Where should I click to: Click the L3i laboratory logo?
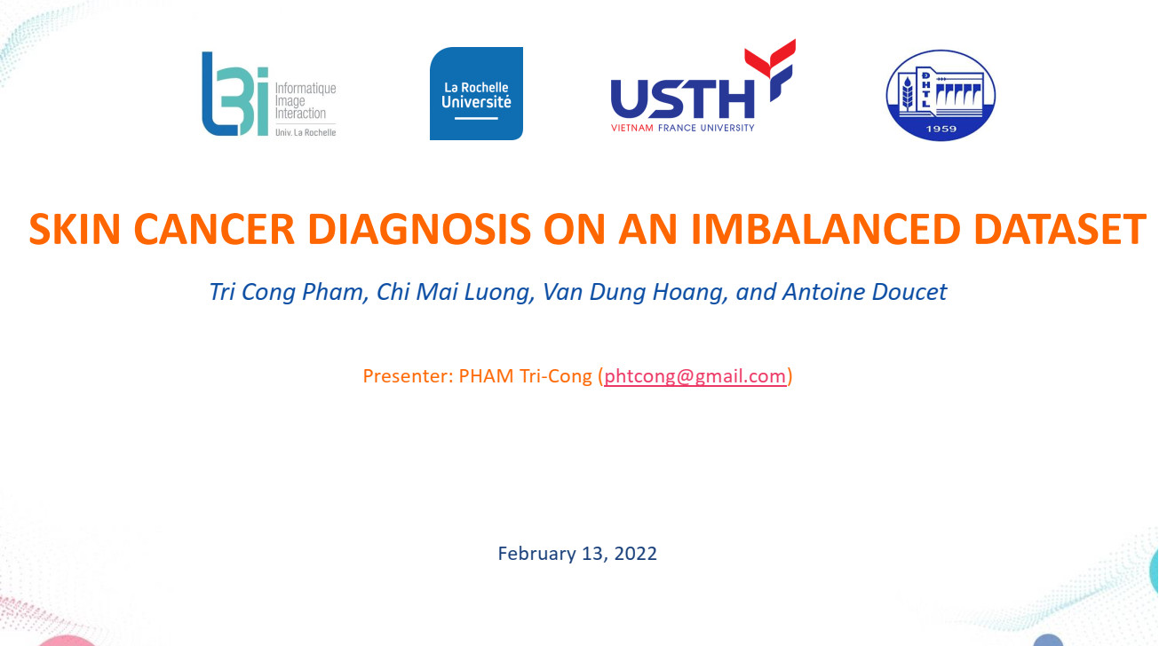click(269, 94)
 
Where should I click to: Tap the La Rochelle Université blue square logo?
click(476, 93)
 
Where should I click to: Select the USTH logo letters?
click(682, 98)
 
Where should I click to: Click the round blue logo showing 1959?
click(941, 95)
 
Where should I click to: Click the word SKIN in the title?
click(75, 229)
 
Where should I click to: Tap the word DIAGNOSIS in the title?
click(419, 229)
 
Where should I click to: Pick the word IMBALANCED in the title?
click(826, 229)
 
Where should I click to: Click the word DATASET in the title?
click(1060, 229)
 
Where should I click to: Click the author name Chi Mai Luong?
click(453, 293)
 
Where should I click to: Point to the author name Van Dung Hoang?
click(633, 293)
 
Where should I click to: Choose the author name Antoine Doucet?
click(865, 292)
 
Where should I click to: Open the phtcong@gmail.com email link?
click(695, 376)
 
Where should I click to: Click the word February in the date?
click(536, 554)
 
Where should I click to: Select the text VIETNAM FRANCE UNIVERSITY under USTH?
click(682, 128)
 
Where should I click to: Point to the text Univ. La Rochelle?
click(306, 132)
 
